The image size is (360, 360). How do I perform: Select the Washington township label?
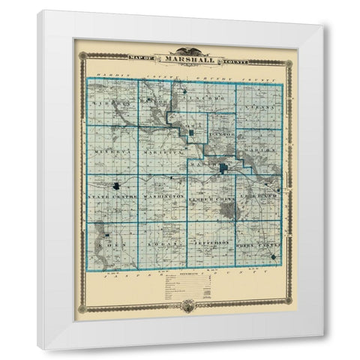tap(163, 196)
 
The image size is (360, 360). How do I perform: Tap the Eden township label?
tap(112, 244)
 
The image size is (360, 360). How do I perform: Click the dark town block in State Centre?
tap(117, 185)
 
